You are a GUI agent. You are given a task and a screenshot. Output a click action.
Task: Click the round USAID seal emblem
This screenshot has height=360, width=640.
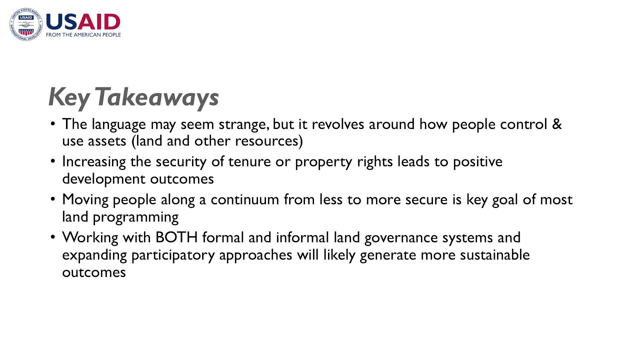pos(25,24)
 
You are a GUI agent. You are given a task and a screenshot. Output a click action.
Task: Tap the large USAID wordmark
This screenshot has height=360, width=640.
pos(83,22)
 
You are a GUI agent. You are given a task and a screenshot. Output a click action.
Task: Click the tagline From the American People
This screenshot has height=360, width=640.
pos(83,35)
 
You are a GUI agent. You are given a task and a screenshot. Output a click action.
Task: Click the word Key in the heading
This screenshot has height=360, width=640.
pos(68,97)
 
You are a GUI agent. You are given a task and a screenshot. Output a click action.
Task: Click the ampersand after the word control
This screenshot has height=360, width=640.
pos(557,124)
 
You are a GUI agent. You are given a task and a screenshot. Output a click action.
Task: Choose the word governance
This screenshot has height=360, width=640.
pos(408,237)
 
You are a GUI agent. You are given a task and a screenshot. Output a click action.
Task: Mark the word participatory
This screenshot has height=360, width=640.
pos(173,255)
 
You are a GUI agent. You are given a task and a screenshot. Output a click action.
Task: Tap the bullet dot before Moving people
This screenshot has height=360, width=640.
pos(53,199)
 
